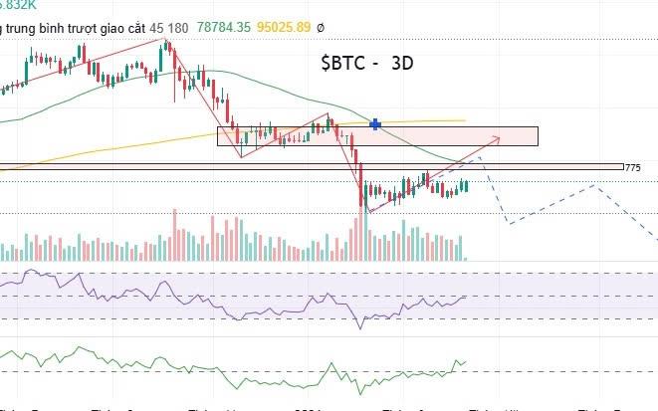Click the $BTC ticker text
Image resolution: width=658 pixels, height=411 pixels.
342,63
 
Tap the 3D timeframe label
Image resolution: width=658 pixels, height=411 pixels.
402,63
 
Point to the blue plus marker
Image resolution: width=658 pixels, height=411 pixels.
375,124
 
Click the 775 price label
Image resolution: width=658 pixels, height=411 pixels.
633,167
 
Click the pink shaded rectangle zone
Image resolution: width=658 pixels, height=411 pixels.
448,136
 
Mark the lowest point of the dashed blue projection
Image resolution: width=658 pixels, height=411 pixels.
510,223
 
